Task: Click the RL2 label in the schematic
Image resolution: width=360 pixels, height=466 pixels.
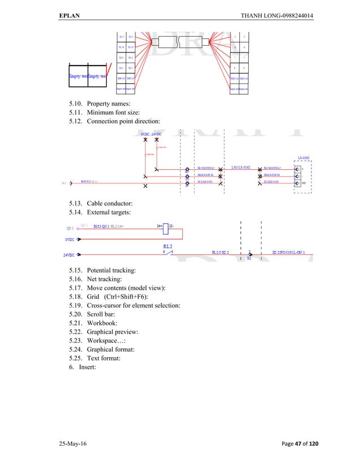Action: [168, 247]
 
